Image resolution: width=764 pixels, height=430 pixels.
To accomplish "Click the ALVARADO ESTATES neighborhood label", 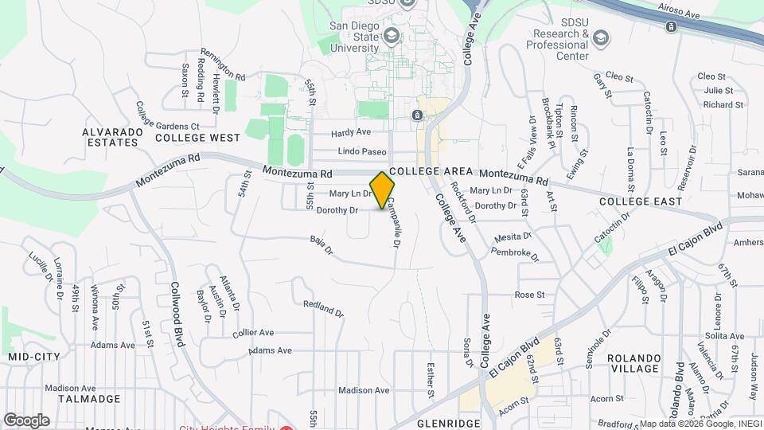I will tap(111, 136).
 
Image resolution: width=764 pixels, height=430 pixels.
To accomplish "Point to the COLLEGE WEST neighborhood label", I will tap(197, 138).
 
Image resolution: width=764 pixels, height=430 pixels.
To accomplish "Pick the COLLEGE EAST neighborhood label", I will tap(641, 201).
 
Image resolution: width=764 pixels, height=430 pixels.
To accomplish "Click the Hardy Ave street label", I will tap(351, 132).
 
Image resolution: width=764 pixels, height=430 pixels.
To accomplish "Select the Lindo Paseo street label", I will tap(362, 151).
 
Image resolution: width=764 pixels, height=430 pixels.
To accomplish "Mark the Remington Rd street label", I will tap(223, 63).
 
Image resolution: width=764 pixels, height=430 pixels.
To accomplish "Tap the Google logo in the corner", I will tap(26, 420).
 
